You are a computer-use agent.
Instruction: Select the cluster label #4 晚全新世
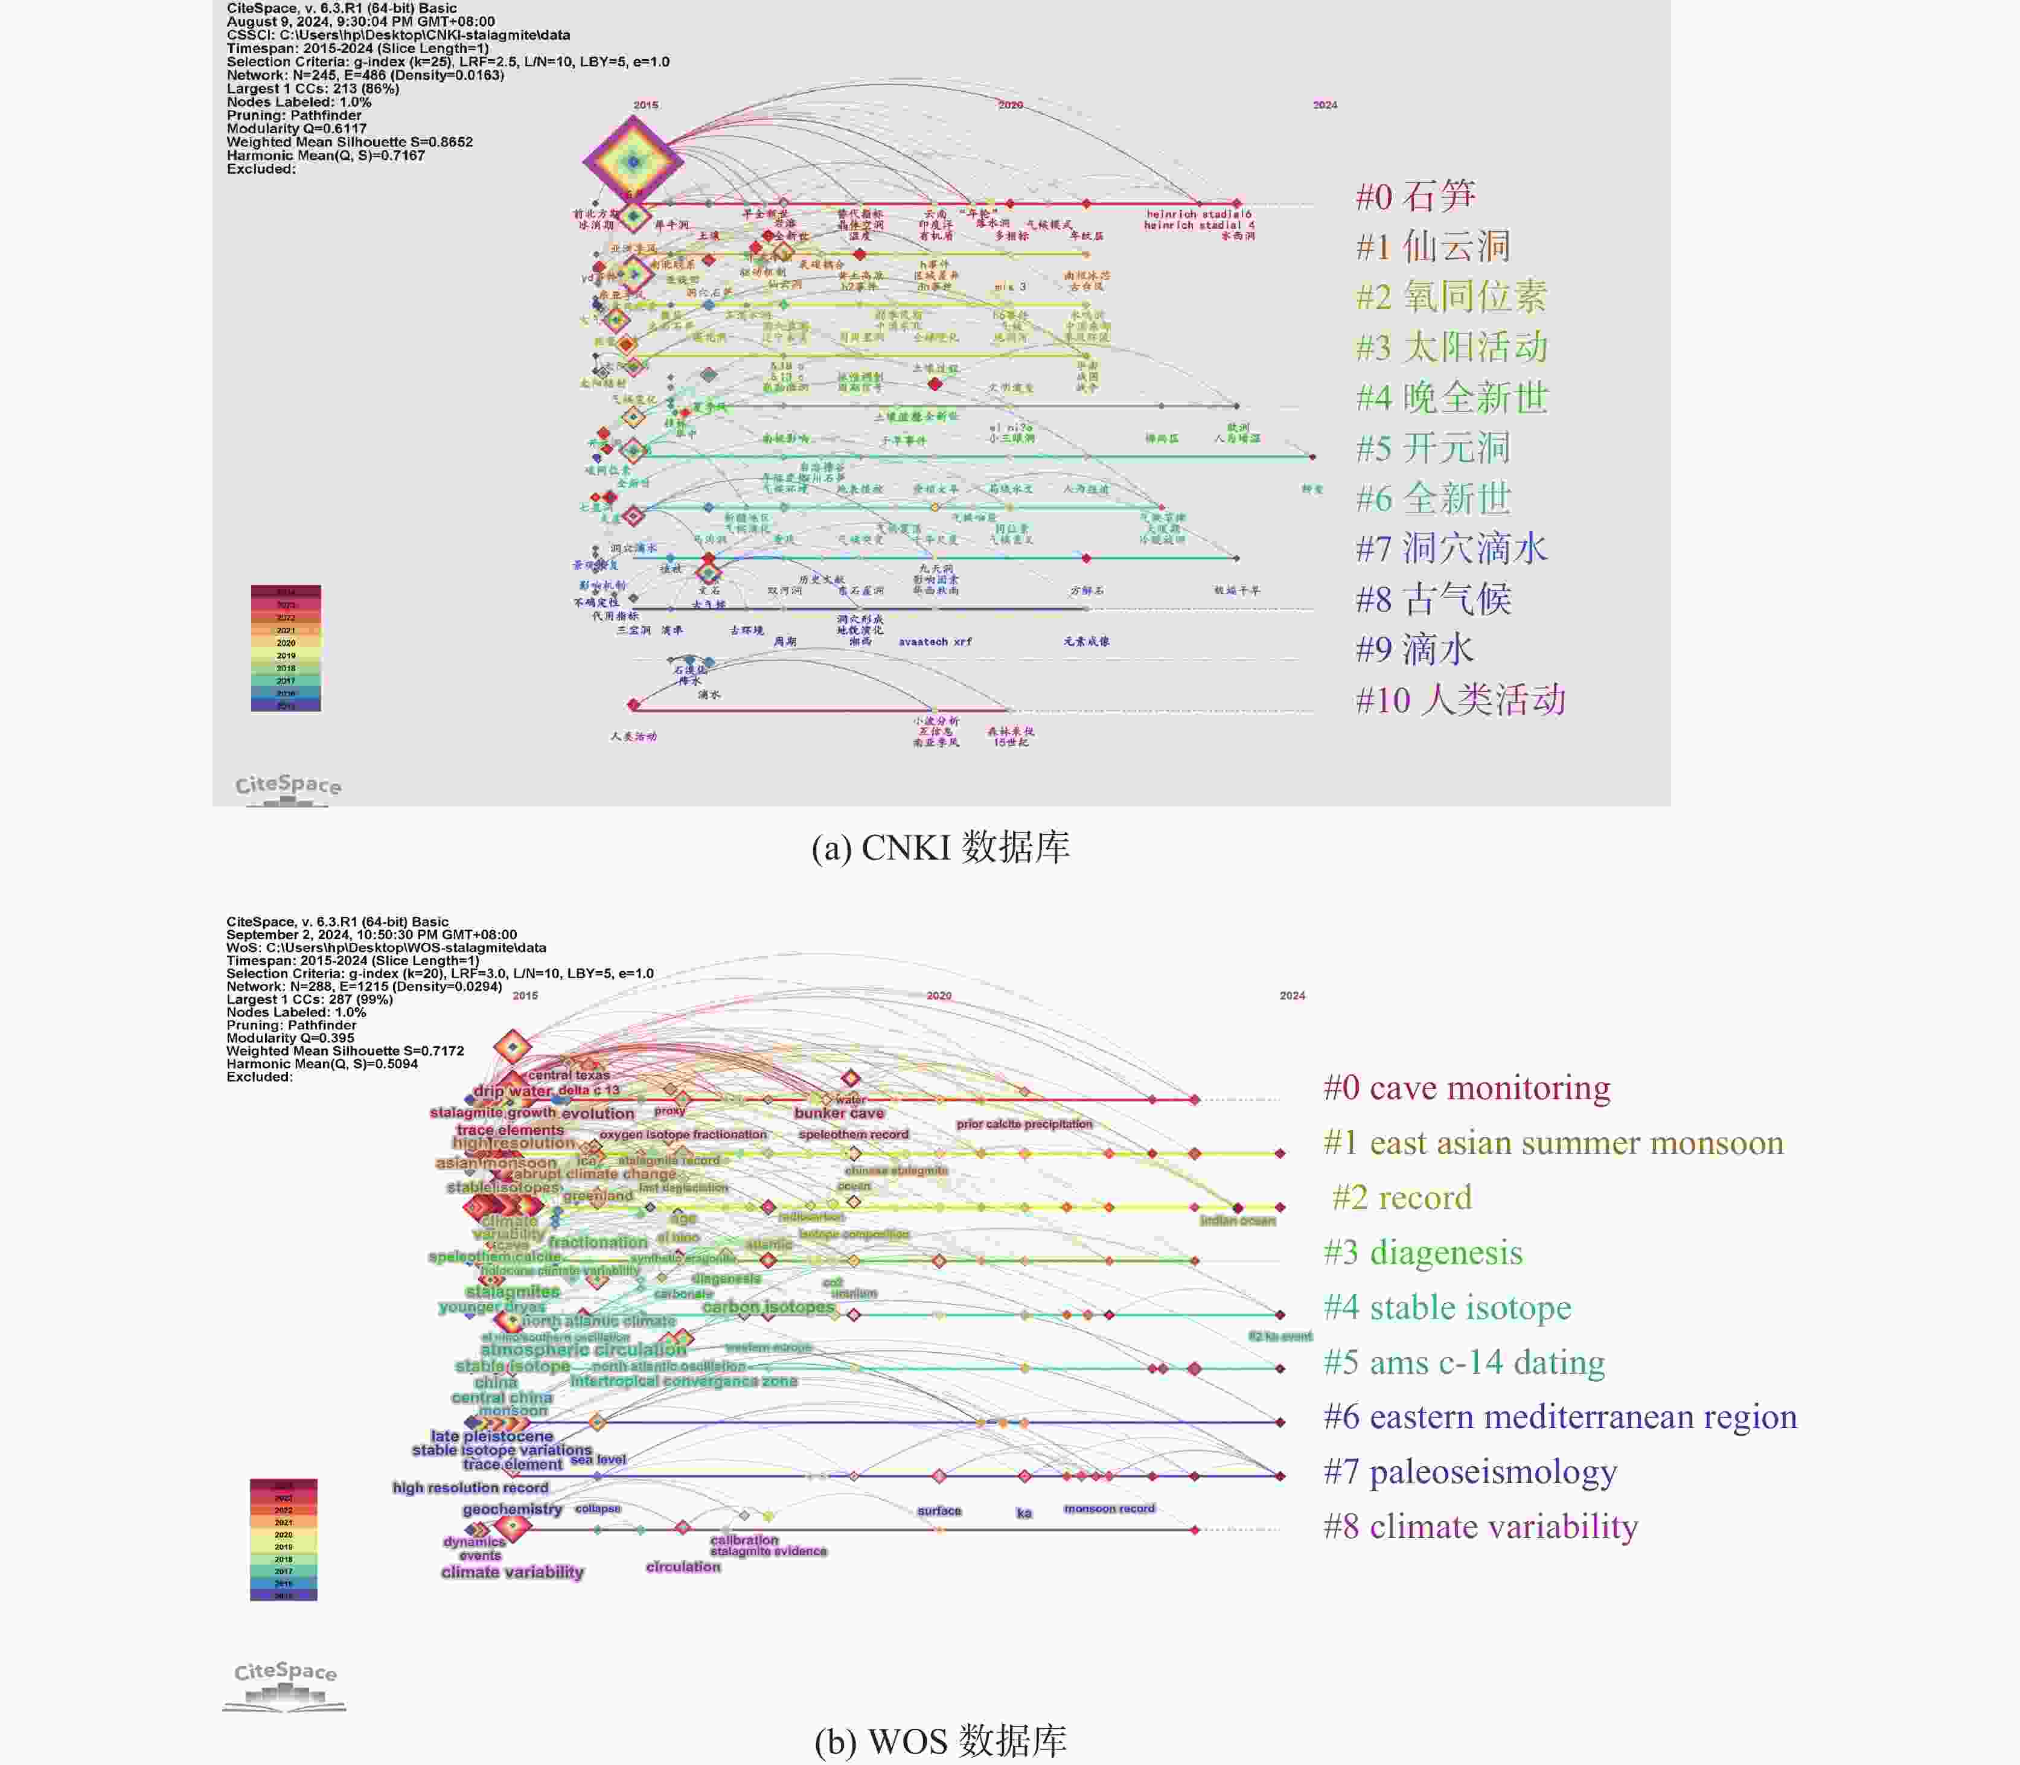click(1452, 398)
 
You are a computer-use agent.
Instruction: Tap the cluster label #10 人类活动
click(1460, 700)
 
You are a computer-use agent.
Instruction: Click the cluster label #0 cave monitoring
click(1466, 1087)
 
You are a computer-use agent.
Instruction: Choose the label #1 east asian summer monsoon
click(1553, 1143)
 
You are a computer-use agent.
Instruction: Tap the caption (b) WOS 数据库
click(941, 1741)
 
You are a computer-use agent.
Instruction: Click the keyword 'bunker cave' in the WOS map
click(839, 1113)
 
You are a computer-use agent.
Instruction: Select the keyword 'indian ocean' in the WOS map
click(1237, 1221)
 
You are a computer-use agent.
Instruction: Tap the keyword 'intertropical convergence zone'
click(683, 1381)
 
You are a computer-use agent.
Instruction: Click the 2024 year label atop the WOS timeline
click(1292, 996)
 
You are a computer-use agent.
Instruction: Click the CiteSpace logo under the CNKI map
click(287, 787)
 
